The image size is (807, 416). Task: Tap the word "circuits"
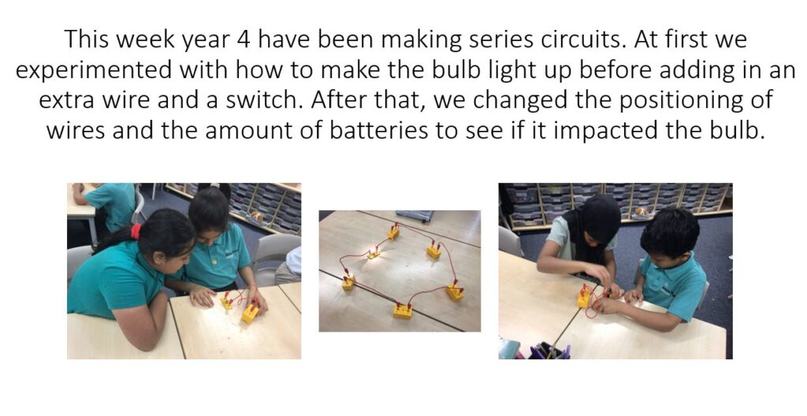584,39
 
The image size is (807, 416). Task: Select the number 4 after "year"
244,40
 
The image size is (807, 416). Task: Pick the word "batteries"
379,131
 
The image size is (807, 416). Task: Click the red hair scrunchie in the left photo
136,231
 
